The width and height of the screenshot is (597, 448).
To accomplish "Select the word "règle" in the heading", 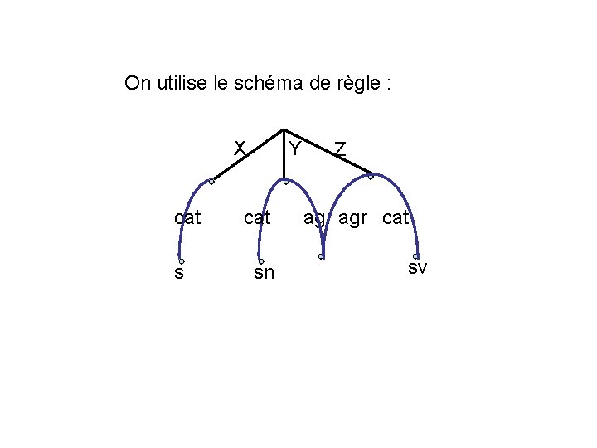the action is (x=355, y=84).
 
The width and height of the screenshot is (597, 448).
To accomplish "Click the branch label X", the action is (x=240, y=148).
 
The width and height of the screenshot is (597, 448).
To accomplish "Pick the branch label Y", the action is (x=294, y=149).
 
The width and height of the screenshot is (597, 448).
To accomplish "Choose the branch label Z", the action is (x=340, y=149).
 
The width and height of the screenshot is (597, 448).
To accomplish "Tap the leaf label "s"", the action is (x=179, y=271).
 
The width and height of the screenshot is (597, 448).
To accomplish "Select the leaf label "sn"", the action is (x=264, y=271).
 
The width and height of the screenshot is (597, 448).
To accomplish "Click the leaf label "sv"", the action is (x=417, y=267).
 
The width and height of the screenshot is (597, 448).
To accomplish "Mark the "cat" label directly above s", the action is (x=188, y=218).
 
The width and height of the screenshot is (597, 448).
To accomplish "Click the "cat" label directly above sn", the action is (x=257, y=218).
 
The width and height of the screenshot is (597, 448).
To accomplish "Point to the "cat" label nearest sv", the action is (x=396, y=218).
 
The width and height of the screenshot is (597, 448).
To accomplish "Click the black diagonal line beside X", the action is (x=247, y=155).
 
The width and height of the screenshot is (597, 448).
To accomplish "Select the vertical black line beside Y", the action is (x=284, y=158).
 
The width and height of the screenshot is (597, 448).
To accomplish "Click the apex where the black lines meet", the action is (x=284, y=129).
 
